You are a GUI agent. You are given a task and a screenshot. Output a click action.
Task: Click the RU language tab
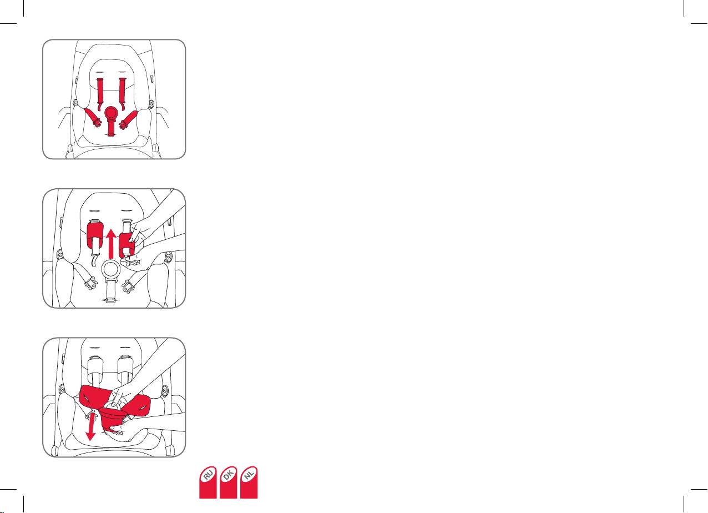(208, 482)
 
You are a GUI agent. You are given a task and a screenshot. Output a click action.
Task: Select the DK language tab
(228, 482)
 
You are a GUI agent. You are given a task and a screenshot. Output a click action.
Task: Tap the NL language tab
(249, 482)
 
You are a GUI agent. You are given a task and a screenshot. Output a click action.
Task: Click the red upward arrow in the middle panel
(110, 244)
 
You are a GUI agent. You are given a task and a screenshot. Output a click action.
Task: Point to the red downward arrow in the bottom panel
(92, 426)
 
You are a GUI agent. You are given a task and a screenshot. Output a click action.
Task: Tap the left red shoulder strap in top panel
(100, 94)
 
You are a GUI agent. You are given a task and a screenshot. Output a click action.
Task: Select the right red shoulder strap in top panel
(122, 94)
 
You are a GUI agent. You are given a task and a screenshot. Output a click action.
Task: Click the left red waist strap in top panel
(93, 117)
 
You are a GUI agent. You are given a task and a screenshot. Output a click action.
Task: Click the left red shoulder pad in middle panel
(95, 235)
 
